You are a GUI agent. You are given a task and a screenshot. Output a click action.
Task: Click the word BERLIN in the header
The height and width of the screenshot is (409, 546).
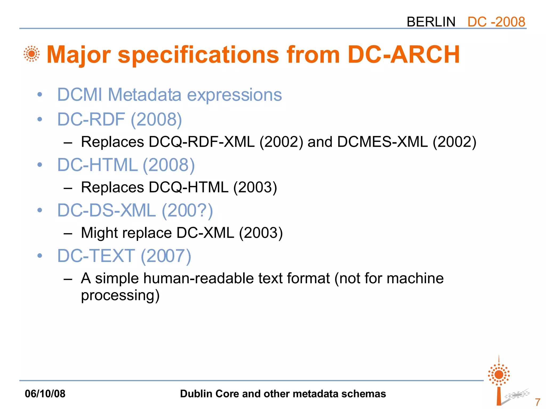pos(431,22)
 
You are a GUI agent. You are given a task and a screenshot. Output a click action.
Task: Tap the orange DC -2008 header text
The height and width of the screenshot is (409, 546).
pos(496,22)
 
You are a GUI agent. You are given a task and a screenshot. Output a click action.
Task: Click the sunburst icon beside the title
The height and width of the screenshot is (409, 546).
pos(31,54)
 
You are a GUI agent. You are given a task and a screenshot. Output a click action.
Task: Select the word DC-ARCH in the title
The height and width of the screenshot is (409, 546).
pos(404,55)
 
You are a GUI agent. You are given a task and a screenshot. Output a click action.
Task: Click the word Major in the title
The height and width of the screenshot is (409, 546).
pos(78,55)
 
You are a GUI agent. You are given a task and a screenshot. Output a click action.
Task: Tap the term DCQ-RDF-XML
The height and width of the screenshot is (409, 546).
pos(202,142)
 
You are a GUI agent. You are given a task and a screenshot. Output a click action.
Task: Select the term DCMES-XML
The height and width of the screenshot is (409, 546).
pos(382,142)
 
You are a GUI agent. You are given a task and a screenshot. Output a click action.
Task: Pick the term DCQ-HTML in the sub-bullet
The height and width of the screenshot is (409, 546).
pos(188,187)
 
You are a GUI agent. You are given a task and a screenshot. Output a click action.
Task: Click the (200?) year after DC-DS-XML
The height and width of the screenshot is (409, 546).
pos(187,211)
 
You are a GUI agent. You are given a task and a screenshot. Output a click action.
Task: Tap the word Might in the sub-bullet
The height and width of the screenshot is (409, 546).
pos(99,233)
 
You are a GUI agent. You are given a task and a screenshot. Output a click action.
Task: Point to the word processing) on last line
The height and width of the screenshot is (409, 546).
pos(120,296)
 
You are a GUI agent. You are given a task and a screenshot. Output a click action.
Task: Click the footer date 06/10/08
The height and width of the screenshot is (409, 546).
pos(45,394)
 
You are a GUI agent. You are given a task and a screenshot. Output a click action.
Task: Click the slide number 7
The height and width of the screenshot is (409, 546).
pos(537,402)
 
